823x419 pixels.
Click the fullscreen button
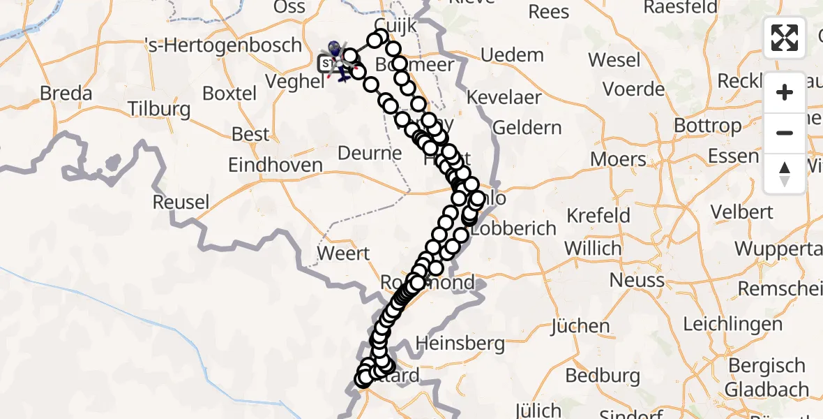(x=785, y=37)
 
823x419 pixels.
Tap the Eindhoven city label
(x=276, y=166)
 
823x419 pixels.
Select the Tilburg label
(x=160, y=109)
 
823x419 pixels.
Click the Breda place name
(x=66, y=93)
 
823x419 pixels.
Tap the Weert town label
(x=343, y=253)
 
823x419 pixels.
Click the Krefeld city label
(x=598, y=215)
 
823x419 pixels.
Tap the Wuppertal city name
(x=778, y=249)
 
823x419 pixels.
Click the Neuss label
(x=637, y=280)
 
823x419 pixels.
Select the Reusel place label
(x=181, y=203)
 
